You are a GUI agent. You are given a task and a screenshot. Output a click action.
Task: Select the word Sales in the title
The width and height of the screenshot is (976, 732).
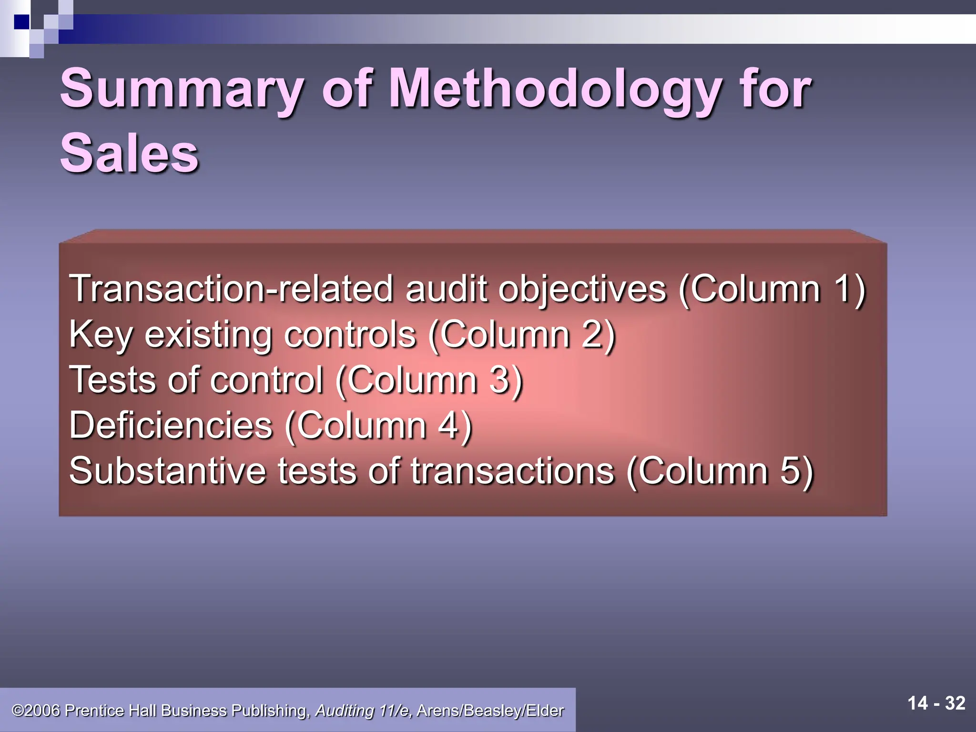click(129, 153)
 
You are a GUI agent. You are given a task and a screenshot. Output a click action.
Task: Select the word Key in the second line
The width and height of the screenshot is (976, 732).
click(101, 335)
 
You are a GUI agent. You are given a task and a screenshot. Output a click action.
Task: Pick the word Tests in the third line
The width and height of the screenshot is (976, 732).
click(112, 380)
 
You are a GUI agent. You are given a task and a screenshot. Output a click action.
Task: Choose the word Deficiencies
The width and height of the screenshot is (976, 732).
click(171, 425)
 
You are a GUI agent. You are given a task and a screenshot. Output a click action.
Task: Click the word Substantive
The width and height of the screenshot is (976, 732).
click(167, 471)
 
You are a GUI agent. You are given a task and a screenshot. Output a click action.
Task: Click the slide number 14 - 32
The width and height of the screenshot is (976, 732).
click(936, 703)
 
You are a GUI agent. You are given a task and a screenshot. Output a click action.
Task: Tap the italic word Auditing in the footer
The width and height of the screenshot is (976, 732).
click(345, 711)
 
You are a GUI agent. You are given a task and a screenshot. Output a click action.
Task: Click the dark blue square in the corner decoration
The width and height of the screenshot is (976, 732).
click(22, 22)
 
